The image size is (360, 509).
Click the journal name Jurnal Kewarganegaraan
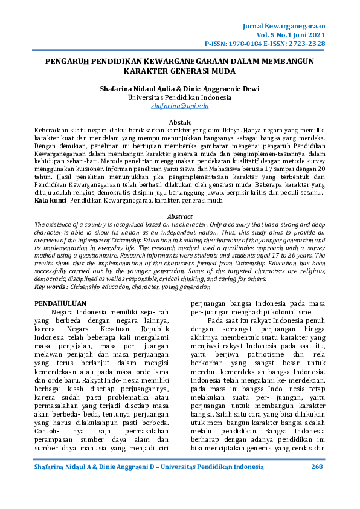coord(283,27)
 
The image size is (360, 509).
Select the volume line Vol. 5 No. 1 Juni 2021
coord(293,36)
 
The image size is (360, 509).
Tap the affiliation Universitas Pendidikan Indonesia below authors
coord(179,97)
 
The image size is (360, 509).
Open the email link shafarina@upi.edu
coord(179,106)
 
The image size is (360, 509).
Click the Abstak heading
coord(179,122)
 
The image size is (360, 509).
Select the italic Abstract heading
coord(179,216)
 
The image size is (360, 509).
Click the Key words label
coord(52,287)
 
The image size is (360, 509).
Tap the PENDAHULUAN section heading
coord(60,302)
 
